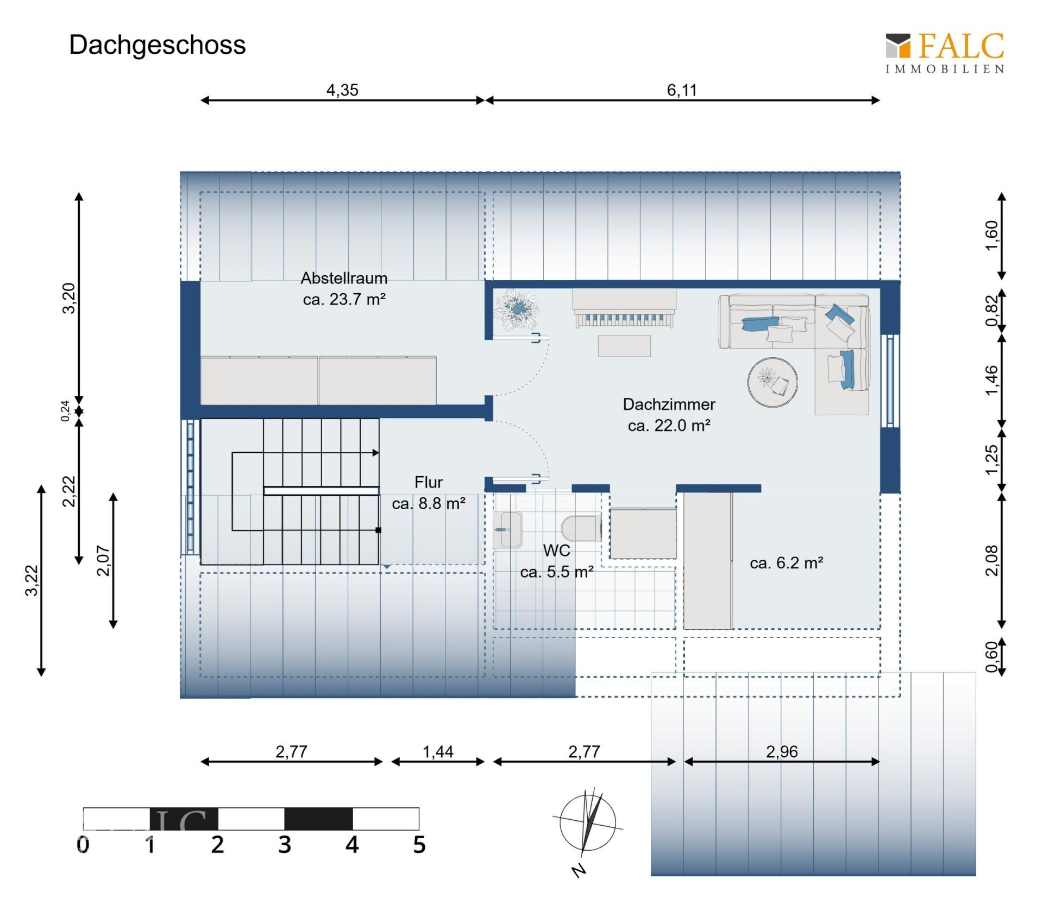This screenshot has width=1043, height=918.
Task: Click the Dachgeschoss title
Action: pos(157,45)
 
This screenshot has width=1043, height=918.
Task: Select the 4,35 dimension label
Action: pos(342,90)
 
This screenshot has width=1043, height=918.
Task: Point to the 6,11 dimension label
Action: pos(682,90)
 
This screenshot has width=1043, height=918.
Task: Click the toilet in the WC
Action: pos(580,528)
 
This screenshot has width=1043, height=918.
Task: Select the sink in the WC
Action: pos(508,529)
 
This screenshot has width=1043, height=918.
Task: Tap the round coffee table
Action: pos(772,382)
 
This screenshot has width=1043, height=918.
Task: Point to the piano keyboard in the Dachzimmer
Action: pos(624,318)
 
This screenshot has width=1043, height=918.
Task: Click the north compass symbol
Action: pos(588,823)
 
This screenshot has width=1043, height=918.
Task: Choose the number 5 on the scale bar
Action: pos(419,845)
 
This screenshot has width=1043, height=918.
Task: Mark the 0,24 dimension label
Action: pos(66,410)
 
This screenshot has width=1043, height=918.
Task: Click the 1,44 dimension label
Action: pos(438,752)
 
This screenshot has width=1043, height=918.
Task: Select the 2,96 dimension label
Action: pos(782,752)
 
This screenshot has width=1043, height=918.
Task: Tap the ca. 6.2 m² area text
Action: pos(786,563)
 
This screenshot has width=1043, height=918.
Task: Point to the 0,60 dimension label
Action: pos(991,657)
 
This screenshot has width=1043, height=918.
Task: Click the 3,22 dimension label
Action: pos(32,580)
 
